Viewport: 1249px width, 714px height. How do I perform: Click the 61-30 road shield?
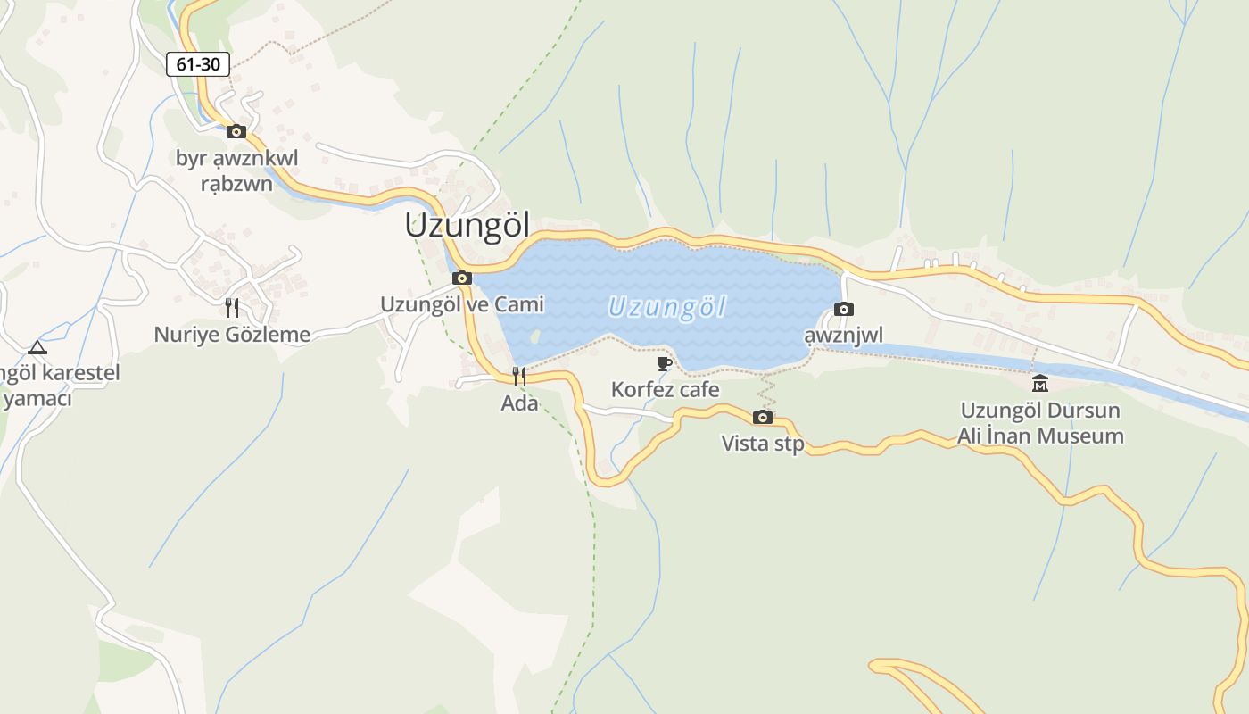point(198,64)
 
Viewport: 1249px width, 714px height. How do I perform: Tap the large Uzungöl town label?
point(467,226)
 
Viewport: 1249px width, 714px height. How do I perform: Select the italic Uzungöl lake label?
point(666,308)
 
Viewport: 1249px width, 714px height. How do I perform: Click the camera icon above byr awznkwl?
point(236,132)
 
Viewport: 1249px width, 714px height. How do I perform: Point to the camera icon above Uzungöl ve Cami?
point(461,278)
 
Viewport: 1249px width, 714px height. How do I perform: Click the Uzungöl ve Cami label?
point(462,304)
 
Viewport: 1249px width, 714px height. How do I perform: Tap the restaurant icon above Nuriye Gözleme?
point(232,308)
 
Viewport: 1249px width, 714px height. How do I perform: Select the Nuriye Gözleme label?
point(232,335)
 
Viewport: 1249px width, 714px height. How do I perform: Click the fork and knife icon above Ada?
point(519,377)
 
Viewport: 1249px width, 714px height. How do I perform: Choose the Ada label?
point(519,403)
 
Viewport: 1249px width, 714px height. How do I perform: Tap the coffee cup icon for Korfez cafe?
point(665,363)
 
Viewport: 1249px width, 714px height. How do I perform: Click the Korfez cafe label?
point(665,390)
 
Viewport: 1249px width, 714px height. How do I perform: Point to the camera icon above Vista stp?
point(762,418)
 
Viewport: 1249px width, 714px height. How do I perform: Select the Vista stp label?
point(762,444)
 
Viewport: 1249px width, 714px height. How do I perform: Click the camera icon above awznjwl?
point(843,310)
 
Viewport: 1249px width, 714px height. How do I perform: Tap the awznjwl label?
point(843,336)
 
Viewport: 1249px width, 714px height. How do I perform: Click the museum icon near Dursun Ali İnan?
point(1039,384)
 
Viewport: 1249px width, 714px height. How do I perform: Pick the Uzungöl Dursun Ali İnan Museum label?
point(1040,424)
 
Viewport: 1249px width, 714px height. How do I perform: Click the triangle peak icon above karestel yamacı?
point(37,347)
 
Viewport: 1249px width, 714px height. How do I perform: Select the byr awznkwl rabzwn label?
point(236,171)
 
